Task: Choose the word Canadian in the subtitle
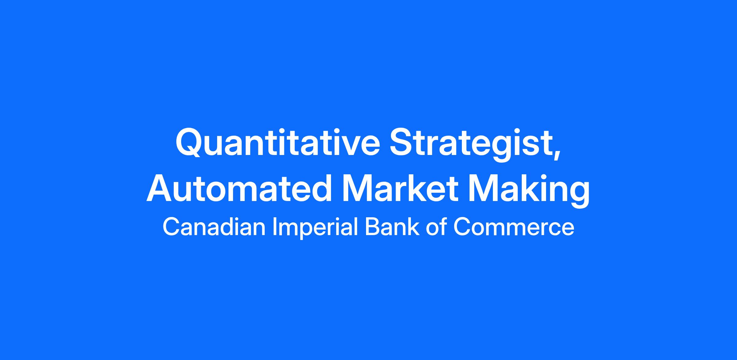(x=214, y=227)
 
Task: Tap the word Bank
(x=392, y=227)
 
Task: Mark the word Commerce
(x=513, y=227)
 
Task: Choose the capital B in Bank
(x=372, y=227)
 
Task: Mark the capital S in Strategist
(x=403, y=143)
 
